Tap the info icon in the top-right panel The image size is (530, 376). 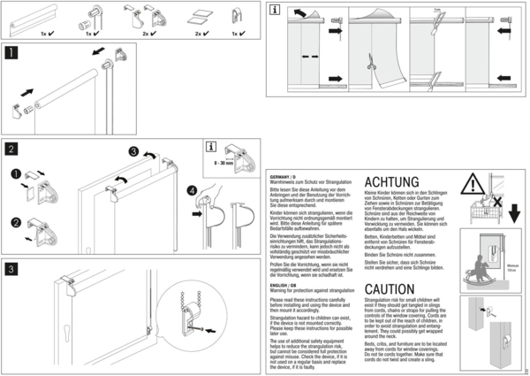(x=274, y=10)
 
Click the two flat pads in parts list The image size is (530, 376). (x=195, y=17)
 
